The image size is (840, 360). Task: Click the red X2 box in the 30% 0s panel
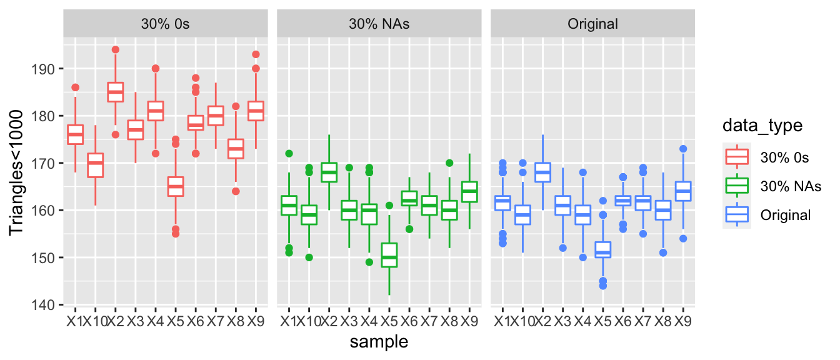[115, 92]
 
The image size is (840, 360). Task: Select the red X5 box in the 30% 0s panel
[176, 186]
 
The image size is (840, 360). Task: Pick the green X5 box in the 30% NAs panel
[389, 255]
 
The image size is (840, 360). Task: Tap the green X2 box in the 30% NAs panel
[329, 172]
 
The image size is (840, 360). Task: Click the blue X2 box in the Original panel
[542, 172]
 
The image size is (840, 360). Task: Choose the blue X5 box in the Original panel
[603, 250]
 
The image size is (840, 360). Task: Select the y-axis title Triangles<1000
[18, 172]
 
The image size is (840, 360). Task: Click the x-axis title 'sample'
[379, 342]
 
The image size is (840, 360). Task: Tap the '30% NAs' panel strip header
[379, 24]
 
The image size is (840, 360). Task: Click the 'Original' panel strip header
[592, 24]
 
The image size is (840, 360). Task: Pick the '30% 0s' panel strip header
[165, 24]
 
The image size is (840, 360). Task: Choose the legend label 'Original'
[786, 215]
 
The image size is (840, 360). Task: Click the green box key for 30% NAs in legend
[739, 186]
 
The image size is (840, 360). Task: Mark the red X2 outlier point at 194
[115, 49]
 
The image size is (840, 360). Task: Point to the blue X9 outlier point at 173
[683, 149]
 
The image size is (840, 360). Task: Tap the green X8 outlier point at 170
[449, 163]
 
